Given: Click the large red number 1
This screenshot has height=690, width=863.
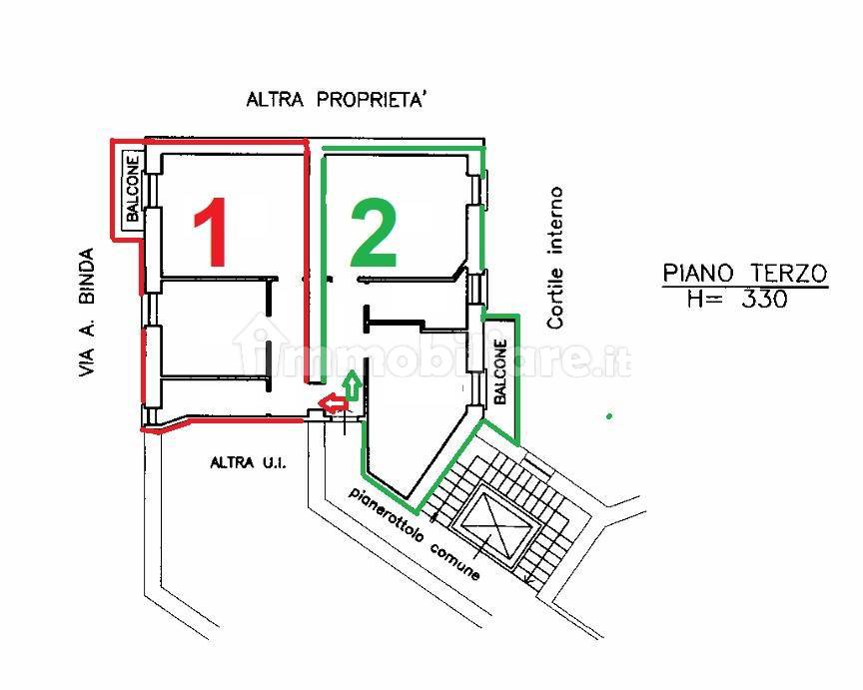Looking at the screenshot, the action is click(x=212, y=232).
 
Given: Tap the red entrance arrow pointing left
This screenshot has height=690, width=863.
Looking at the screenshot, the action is click(x=334, y=403).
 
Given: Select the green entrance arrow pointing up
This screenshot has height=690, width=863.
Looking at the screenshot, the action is click(x=353, y=385).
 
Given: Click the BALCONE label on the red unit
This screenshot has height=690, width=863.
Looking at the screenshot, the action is click(x=133, y=189).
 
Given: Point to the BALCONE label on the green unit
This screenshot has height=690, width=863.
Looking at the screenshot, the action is click(x=500, y=371).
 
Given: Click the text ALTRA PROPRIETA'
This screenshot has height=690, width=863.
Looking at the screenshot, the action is click(x=337, y=100).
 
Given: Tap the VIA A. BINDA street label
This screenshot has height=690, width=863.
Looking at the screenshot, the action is click(x=86, y=313).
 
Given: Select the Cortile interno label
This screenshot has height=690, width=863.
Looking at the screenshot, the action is click(x=555, y=258).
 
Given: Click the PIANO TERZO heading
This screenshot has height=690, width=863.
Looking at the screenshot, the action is click(x=745, y=274).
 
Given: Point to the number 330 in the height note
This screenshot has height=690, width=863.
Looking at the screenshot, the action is click(x=764, y=300).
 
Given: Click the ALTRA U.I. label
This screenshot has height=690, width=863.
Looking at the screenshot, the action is click(x=249, y=462).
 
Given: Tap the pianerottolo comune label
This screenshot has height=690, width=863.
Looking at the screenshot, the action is click(x=414, y=532).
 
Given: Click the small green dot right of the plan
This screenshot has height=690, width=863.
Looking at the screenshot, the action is click(x=608, y=416).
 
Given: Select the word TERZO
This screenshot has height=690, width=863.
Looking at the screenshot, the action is click(x=789, y=274).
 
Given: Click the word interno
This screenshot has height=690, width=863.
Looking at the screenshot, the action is click(x=555, y=220).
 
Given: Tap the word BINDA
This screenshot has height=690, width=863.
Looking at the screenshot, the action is click(x=86, y=276).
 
